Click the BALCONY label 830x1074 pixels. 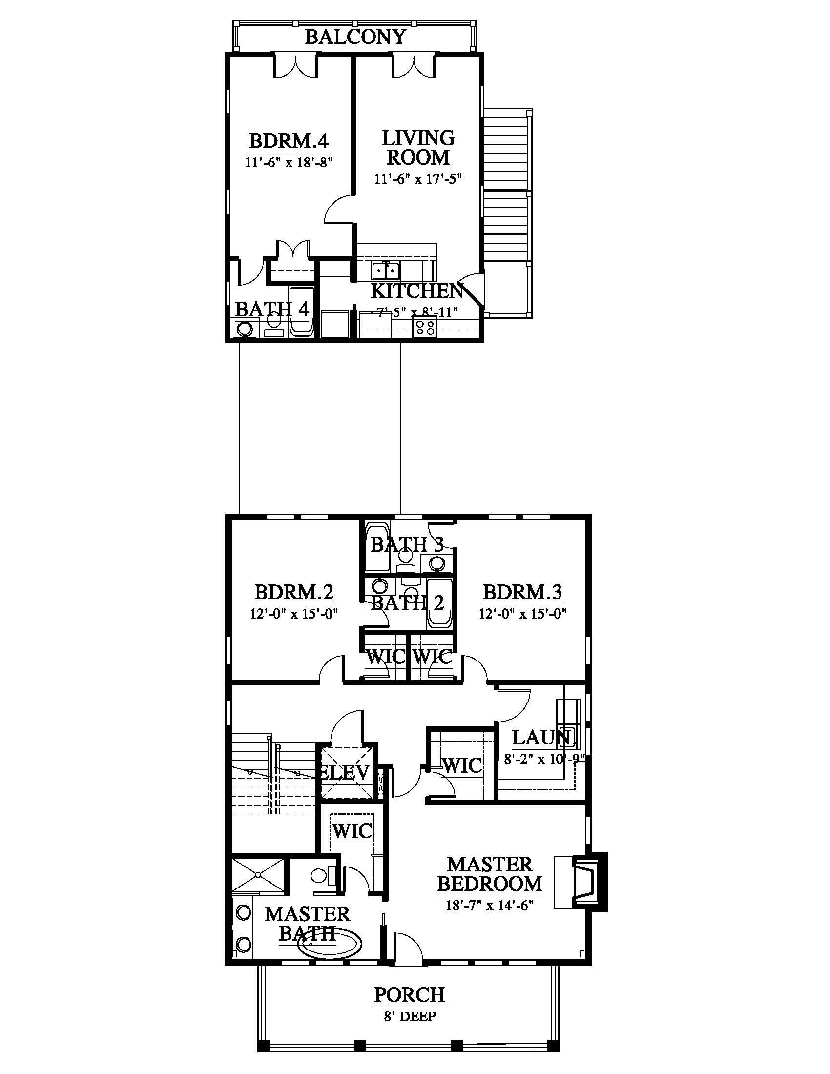[x=355, y=37]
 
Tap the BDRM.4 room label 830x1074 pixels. [x=289, y=141]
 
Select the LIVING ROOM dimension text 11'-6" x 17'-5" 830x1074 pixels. [x=418, y=178]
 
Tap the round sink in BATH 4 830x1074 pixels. [x=244, y=329]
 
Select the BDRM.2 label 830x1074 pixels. [x=294, y=592]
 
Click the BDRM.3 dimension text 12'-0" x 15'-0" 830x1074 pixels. [x=523, y=614]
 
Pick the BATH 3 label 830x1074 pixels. [x=407, y=544]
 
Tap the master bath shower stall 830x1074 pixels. [x=258, y=875]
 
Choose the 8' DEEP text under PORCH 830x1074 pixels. [x=410, y=1016]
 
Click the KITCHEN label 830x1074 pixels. [x=417, y=291]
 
